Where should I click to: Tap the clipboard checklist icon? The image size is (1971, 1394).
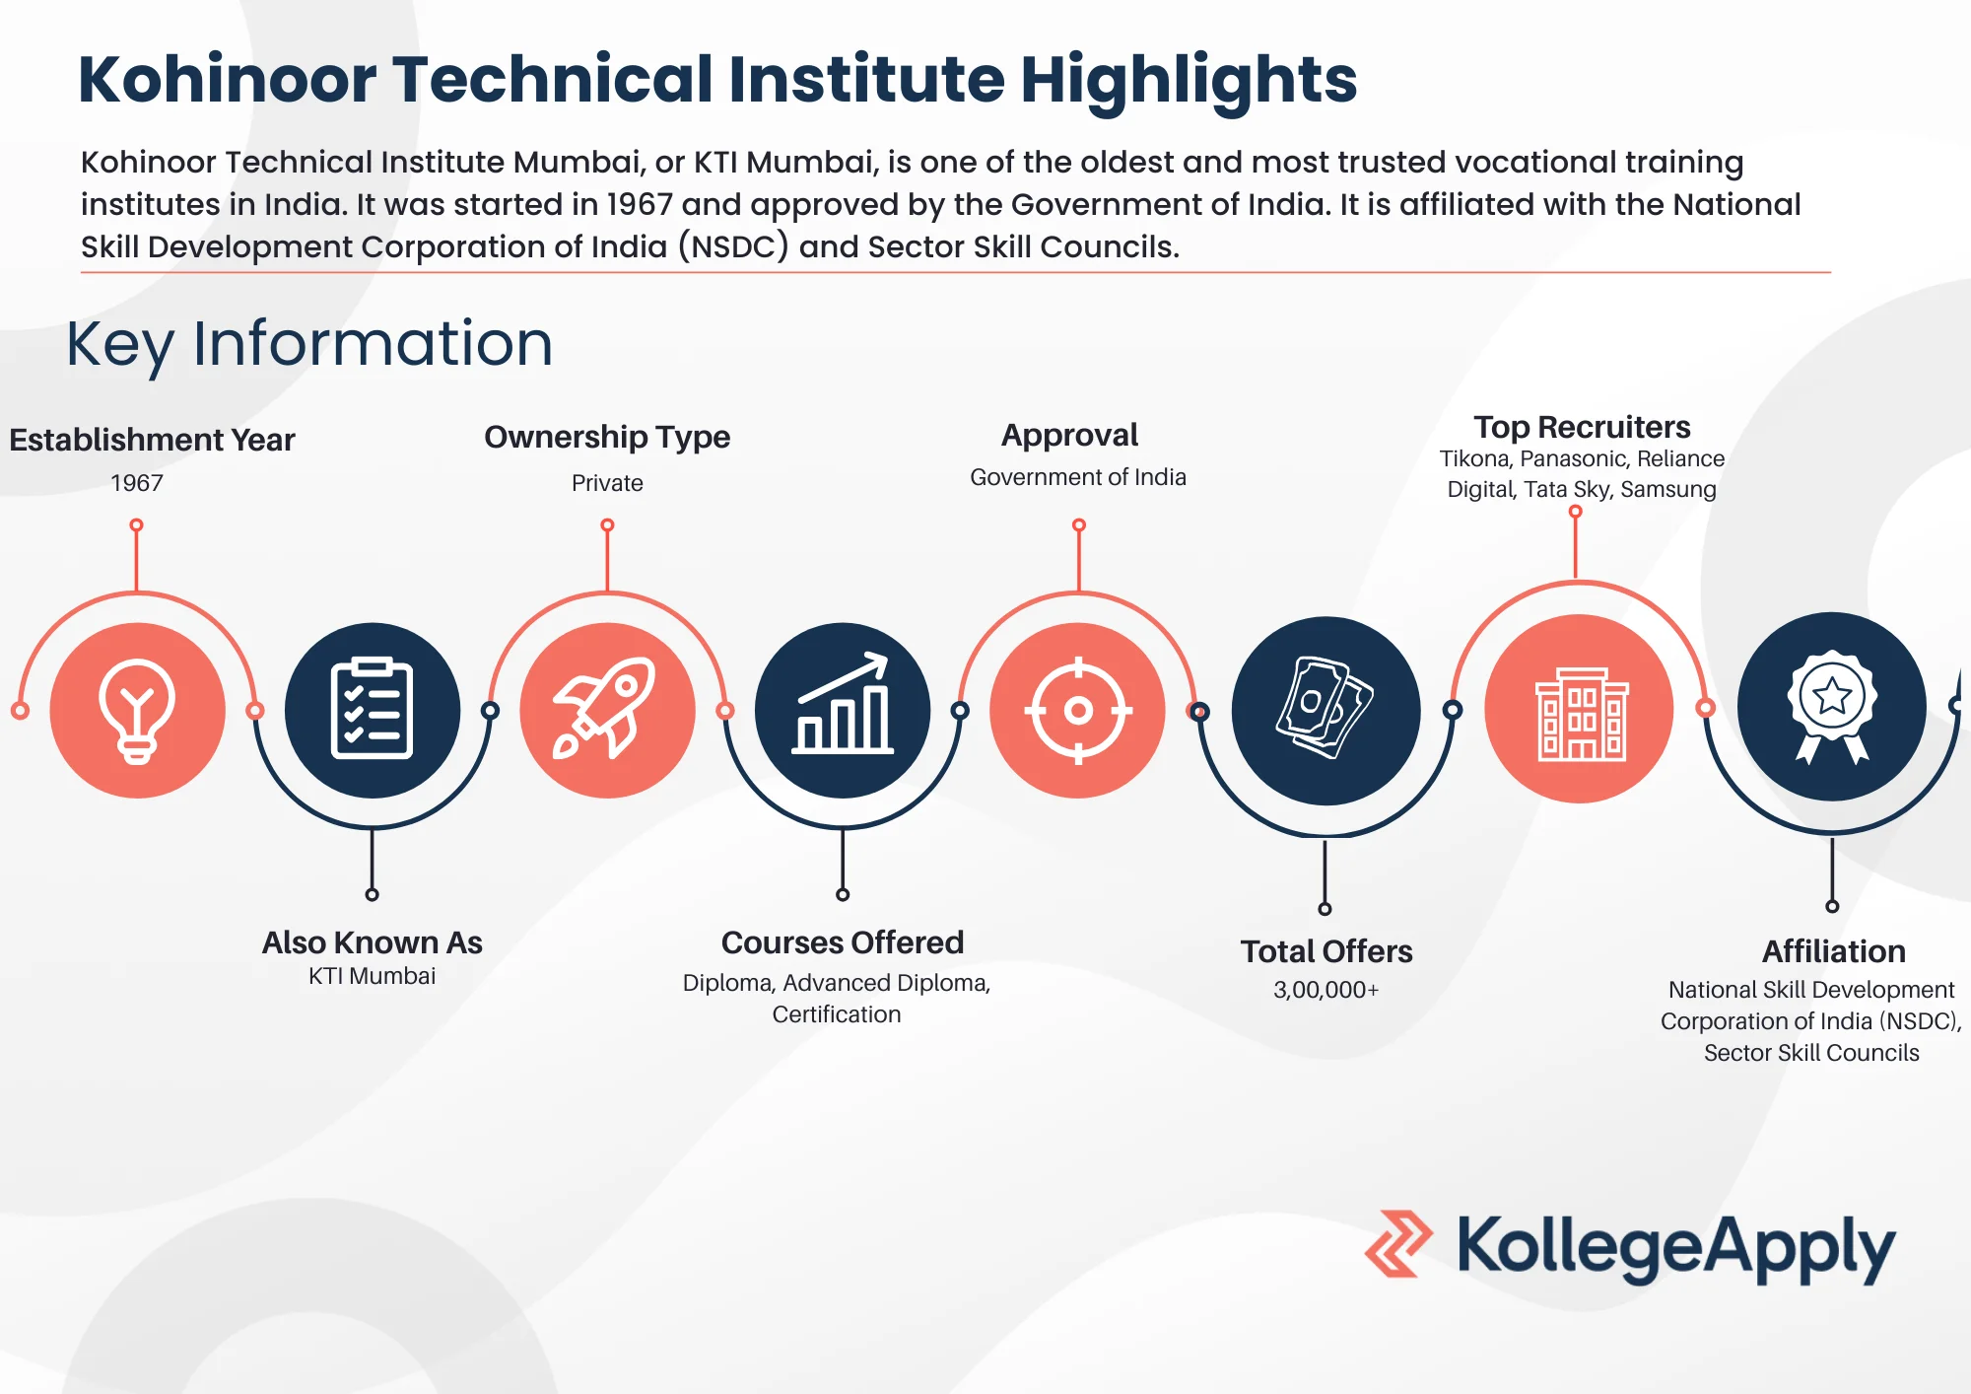[372, 709]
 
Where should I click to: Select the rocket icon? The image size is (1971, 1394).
[607, 709]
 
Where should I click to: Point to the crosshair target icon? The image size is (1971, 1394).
[1078, 710]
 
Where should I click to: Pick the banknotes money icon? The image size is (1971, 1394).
[1325, 709]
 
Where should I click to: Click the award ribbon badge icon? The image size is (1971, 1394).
[1832, 706]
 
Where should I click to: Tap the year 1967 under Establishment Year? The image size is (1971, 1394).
[137, 483]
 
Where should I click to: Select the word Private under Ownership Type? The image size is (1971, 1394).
[607, 483]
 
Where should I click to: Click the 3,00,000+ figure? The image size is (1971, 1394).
[1325, 990]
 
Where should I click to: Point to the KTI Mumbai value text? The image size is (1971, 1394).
[372, 976]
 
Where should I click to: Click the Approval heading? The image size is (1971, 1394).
[1069, 435]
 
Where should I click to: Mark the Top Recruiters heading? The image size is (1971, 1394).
[1582, 427]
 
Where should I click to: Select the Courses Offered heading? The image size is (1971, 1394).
[843, 942]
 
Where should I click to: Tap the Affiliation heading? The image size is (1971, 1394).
[1833, 951]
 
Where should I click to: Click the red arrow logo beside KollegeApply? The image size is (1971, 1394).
[1397, 1244]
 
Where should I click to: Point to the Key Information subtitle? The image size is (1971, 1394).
[309, 344]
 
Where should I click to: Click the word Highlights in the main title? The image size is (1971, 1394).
[1189, 81]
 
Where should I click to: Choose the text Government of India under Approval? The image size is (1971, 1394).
[1078, 477]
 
